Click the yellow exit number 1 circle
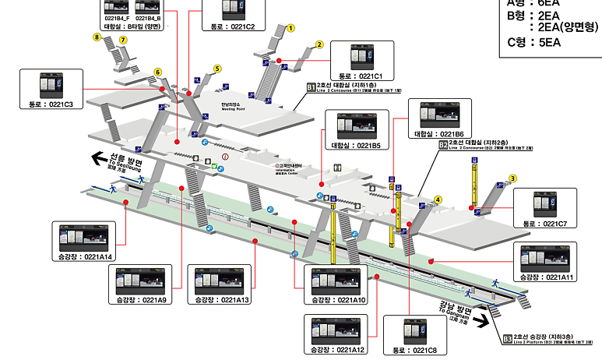291,27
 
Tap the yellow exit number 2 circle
319,44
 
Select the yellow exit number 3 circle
513,178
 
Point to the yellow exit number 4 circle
438,199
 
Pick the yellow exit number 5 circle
218,69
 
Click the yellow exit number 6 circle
157,72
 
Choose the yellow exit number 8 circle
97,37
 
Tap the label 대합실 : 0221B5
356,145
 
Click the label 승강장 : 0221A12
338,350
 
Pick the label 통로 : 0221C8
426,350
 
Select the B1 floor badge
311,87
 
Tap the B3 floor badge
508,339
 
